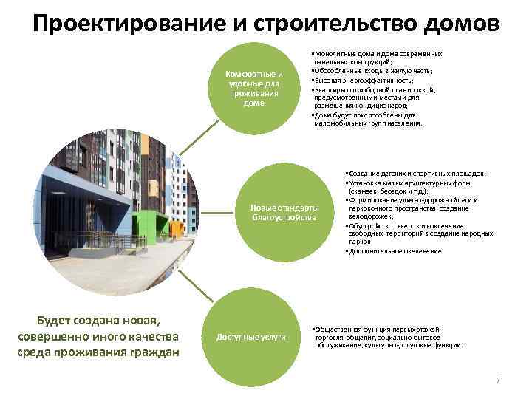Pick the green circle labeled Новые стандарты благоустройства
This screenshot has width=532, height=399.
pyautogui.click(x=284, y=212)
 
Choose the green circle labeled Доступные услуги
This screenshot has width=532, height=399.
pyautogui.click(x=250, y=338)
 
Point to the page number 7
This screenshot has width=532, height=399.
pyautogui.click(x=498, y=380)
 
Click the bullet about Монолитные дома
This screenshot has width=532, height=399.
pyautogui.click(x=377, y=58)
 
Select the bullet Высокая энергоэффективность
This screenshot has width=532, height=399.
pyautogui.click(x=362, y=80)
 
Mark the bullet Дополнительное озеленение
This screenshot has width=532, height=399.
pyautogui.click(x=395, y=251)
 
